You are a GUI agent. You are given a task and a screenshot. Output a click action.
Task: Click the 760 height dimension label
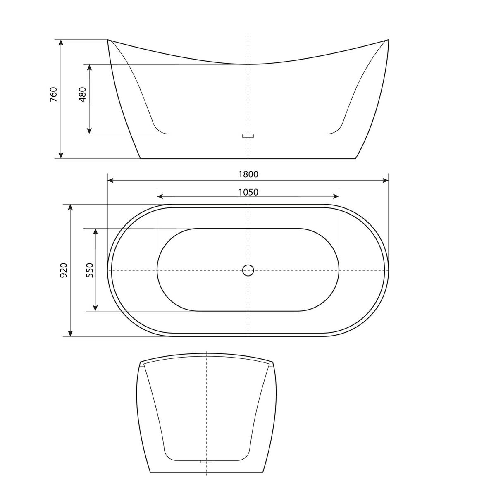pos(53,95)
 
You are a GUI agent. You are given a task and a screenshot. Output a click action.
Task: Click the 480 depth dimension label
pos(82,95)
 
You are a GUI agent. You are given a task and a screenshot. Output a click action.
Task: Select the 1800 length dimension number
pos(248,174)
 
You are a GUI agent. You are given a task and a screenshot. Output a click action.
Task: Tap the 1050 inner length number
pos(248,192)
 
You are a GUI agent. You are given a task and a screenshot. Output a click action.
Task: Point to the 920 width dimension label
pos(64,270)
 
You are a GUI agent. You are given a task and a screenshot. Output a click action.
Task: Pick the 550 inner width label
pos(90,270)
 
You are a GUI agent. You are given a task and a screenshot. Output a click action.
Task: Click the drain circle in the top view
pos(248,270)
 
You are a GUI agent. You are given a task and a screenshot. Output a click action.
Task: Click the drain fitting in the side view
pos(248,136)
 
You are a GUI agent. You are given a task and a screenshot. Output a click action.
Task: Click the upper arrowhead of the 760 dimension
pos(61,43)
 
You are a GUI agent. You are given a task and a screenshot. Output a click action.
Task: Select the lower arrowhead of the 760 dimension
pos(61,155)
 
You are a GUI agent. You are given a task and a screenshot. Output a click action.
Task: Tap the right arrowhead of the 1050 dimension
pos(336,197)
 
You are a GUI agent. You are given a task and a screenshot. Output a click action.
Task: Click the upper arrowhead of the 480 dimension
pos(88,67)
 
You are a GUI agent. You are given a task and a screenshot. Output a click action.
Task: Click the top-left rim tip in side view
pos(108,40)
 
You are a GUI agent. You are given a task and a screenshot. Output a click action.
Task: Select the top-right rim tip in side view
pos(388,40)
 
